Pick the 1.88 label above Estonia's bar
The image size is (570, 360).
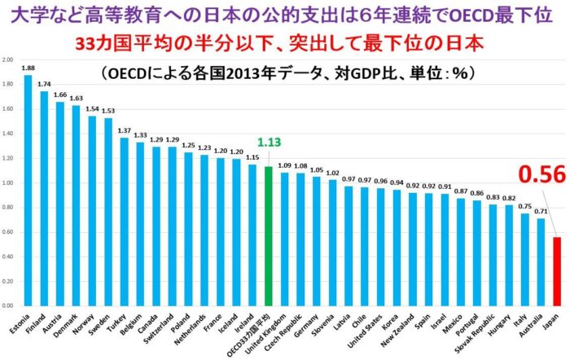point(28,68)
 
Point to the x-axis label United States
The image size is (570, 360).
point(376,330)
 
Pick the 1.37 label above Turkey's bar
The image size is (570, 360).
point(124,130)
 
